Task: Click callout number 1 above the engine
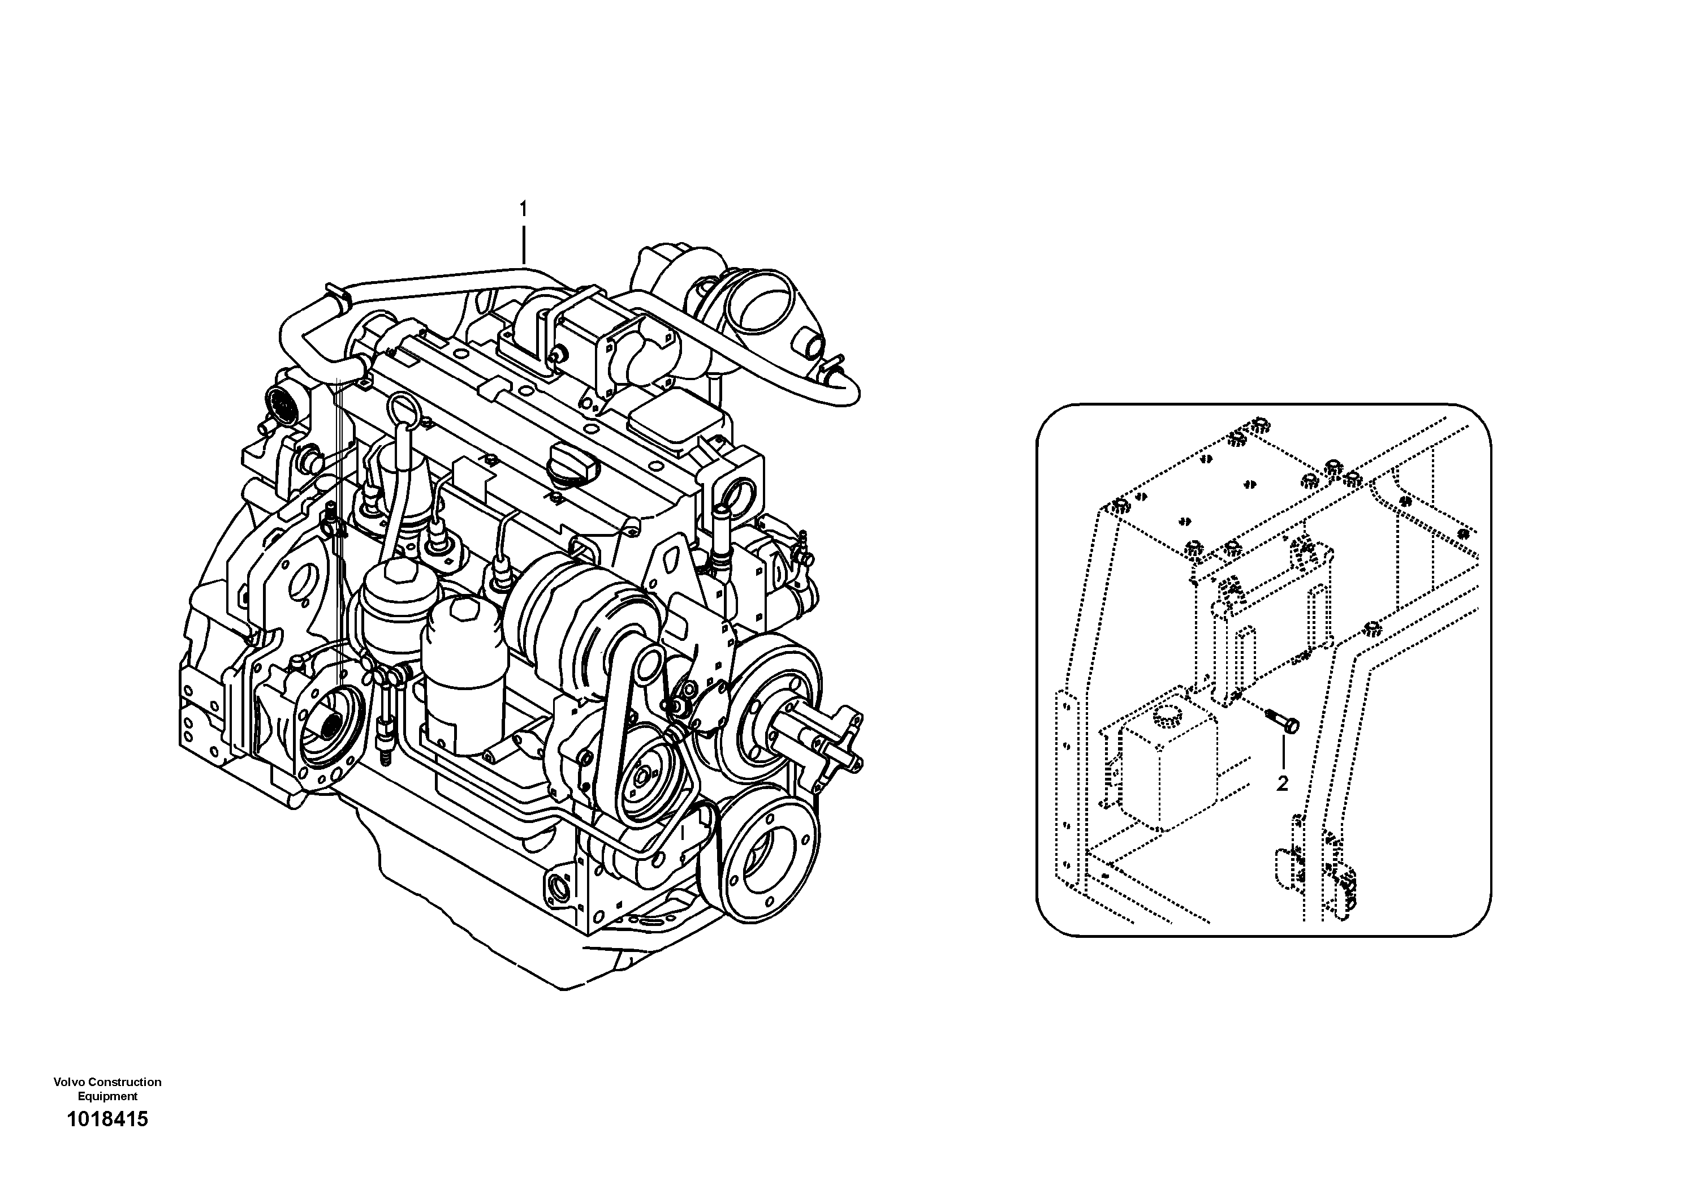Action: click(523, 210)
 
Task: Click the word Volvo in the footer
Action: click(67, 1082)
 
